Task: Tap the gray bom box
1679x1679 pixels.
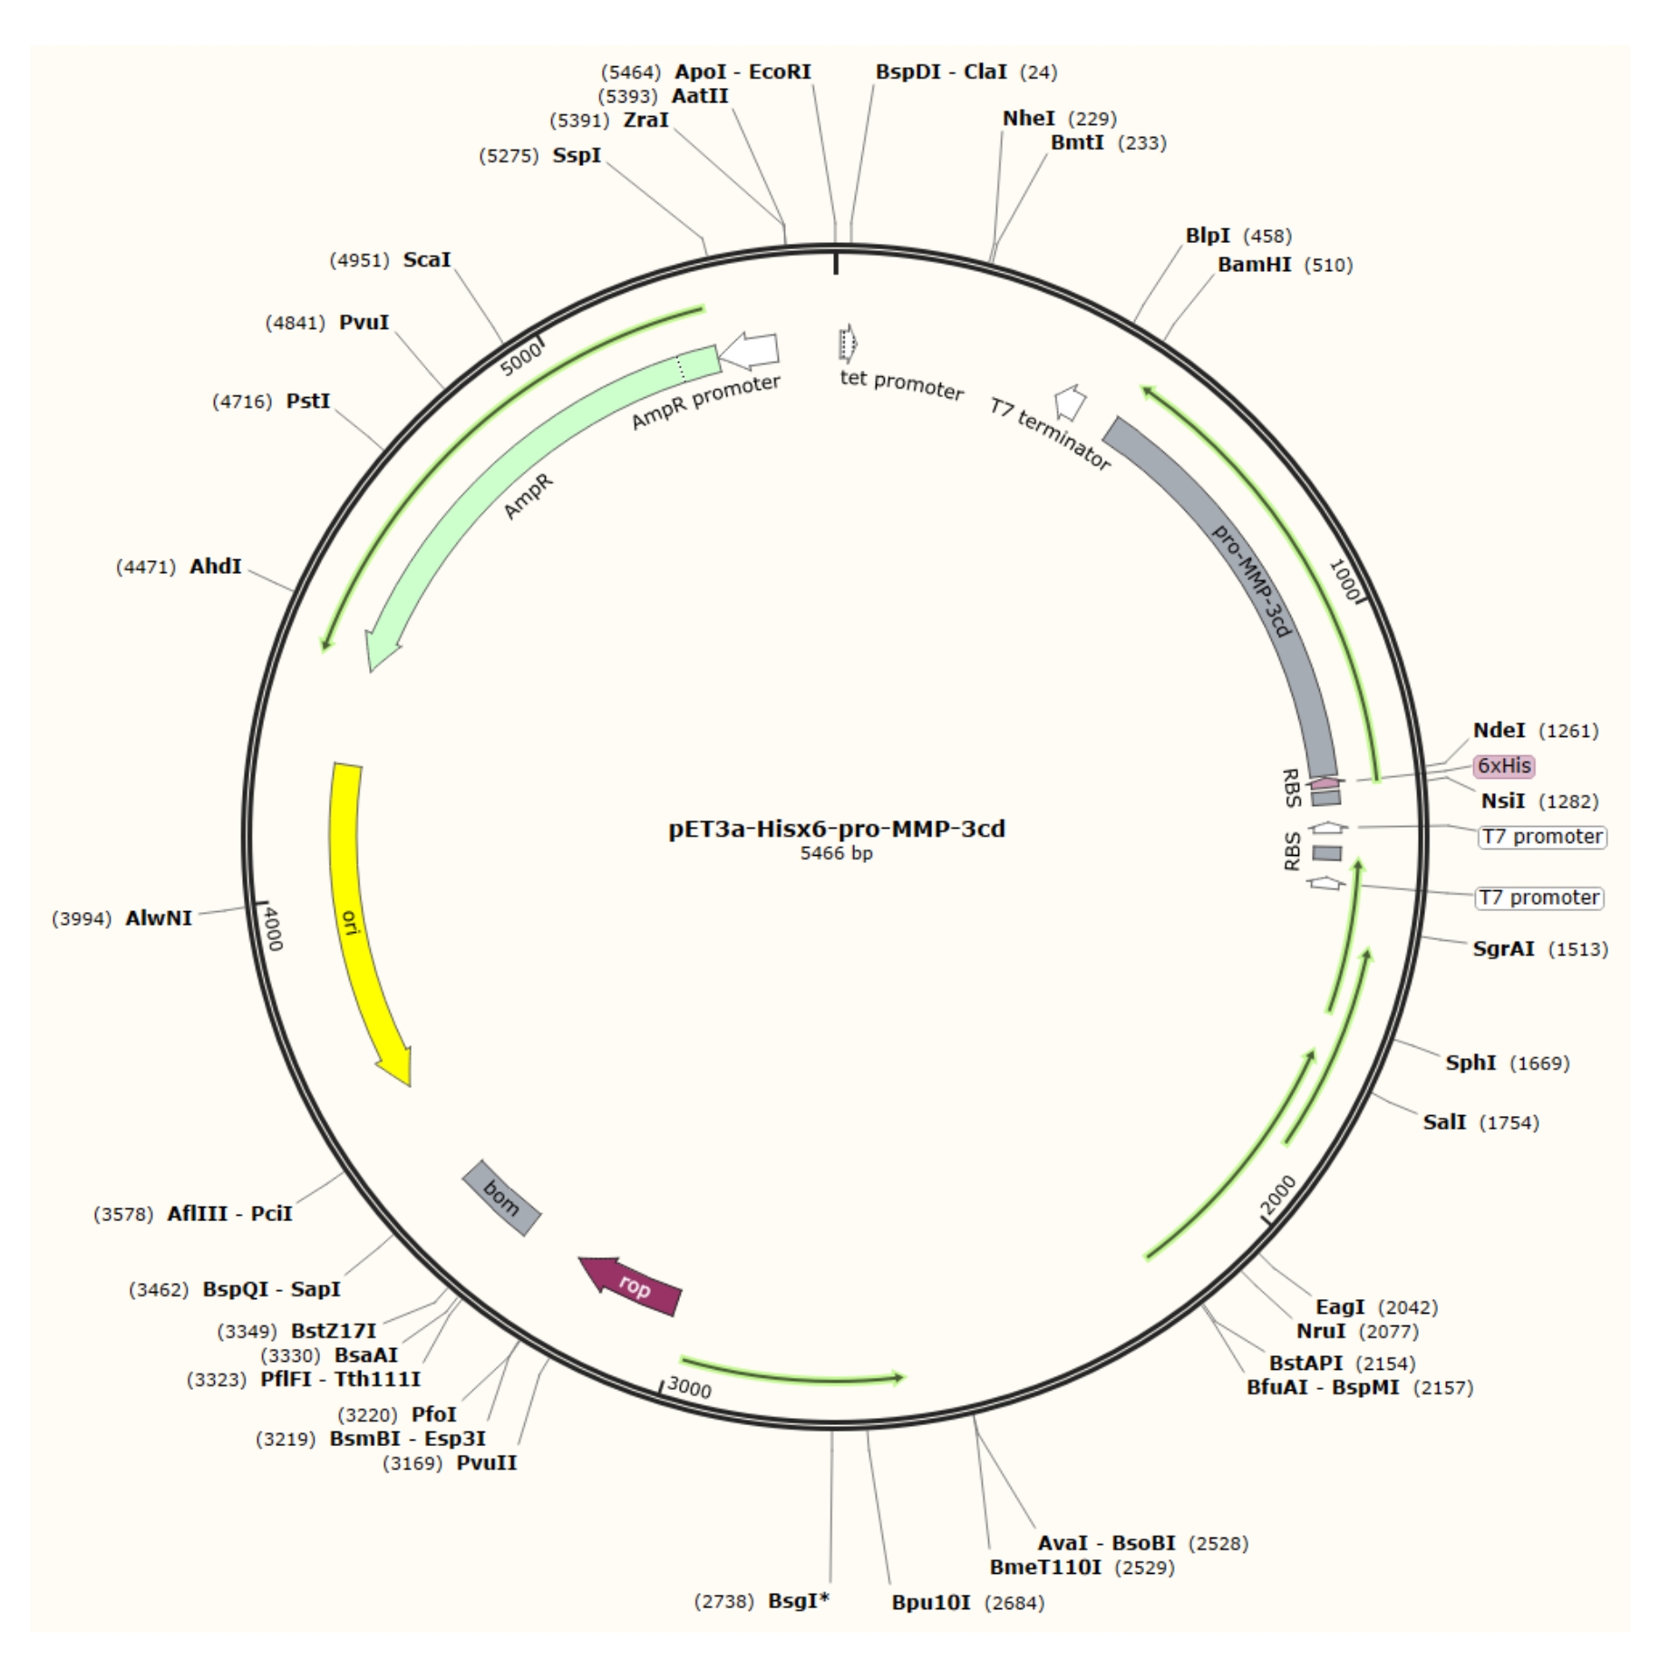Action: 501,1198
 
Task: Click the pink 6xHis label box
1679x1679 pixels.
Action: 1503,766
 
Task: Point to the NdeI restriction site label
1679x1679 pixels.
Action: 1499,731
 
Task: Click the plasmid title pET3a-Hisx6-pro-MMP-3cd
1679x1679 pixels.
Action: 837,829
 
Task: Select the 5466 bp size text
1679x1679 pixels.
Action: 836,853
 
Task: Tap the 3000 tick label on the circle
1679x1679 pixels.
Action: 689,1388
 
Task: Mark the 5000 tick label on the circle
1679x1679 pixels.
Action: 521,358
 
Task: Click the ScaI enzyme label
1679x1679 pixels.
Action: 427,260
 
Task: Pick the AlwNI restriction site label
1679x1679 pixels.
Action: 159,918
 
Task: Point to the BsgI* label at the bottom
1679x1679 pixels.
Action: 799,1601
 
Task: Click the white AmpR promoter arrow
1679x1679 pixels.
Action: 751,352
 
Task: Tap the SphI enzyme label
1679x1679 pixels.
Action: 1470,1063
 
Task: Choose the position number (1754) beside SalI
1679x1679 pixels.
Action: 1509,1123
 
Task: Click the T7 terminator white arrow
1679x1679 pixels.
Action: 1070,402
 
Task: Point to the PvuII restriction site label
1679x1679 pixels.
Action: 487,1463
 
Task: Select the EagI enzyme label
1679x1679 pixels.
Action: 1340,1307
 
